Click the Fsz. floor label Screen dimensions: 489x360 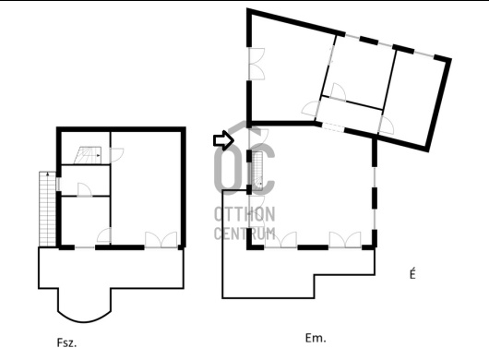pyautogui.click(x=66, y=342)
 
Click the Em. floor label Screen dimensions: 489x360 pyautogui.click(x=316, y=338)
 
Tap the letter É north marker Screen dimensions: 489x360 pyautogui.click(x=412, y=274)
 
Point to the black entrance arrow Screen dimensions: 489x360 pyautogui.click(x=223, y=140)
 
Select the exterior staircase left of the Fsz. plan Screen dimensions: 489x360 pyautogui.click(x=47, y=209)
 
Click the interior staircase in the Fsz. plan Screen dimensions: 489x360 pyautogui.click(x=89, y=155)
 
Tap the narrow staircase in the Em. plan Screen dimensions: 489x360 pyautogui.click(x=258, y=172)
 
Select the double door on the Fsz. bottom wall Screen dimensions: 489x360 pyautogui.click(x=161, y=240)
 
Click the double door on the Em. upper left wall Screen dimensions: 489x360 pyautogui.click(x=256, y=64)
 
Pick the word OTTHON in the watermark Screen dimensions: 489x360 pyautogui.click(x=244, y=214)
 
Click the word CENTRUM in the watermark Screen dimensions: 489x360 pyautogui.click(x=244, y=233)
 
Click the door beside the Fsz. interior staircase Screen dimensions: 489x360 pyautogui.click(x=117, y=155)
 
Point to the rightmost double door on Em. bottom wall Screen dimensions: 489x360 pyautogui.click(x=345, y=240)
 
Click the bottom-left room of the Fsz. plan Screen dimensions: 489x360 pyautogui.click(x=86, y=221)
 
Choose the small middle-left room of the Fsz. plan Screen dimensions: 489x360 pyautogui.click(x=86, y=180)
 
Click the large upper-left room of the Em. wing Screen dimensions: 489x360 pyautogui.click(x=285, y=72)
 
